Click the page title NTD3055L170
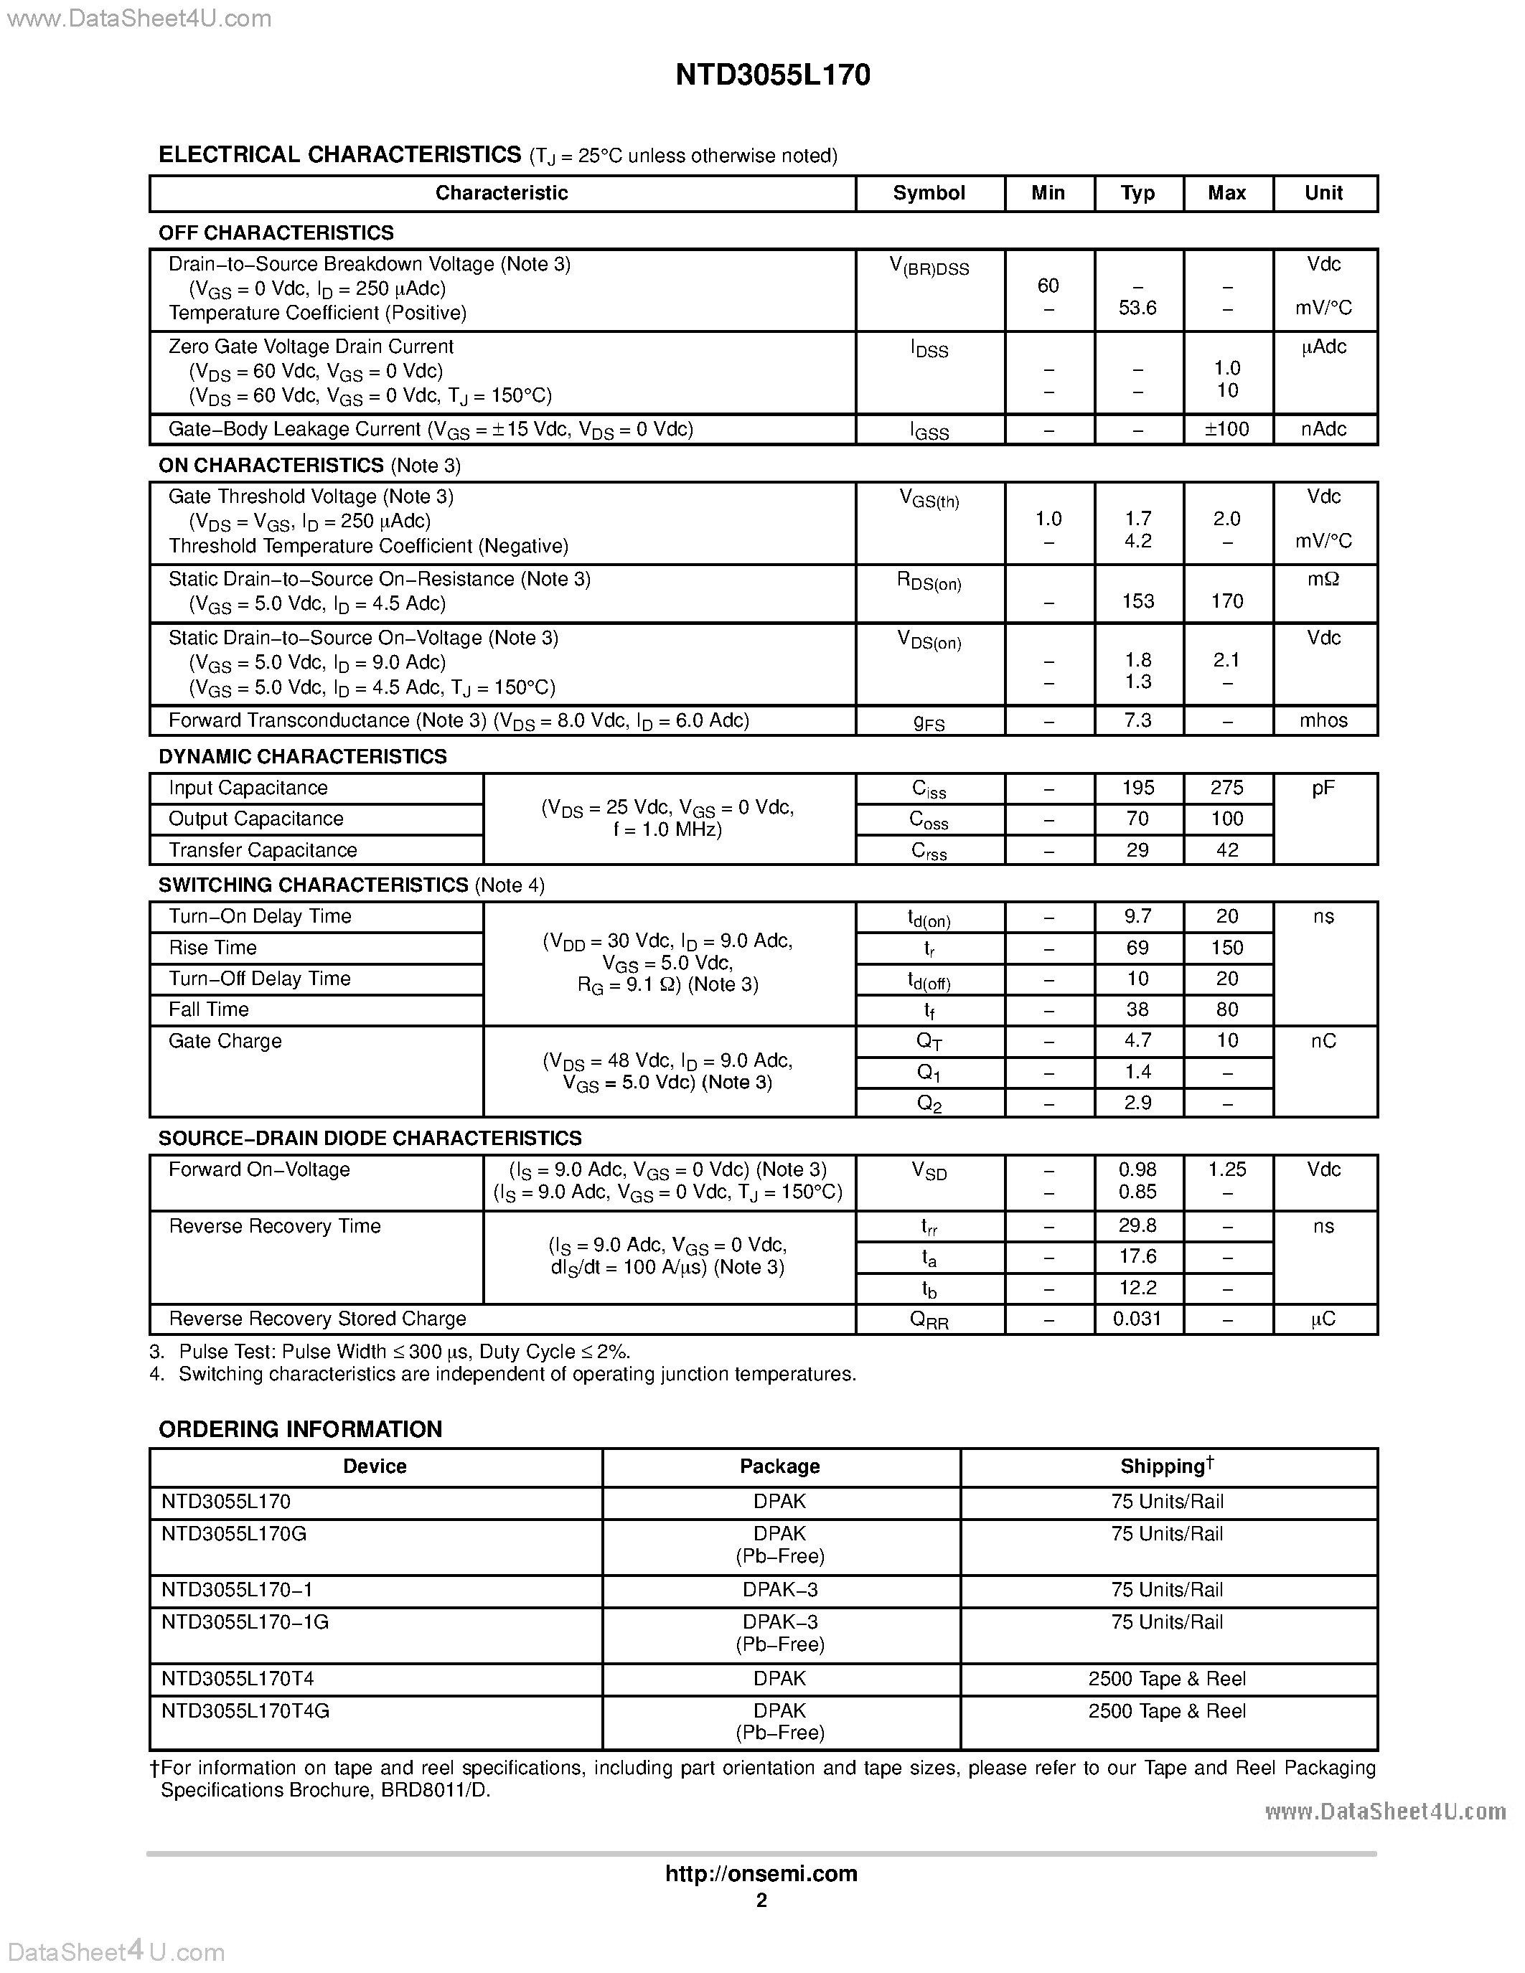click(x=772, y=75)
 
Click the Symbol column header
click(x=929, y=193)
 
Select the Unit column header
click(x=1323, y=193)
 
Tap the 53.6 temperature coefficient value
click(x=1137, y=308)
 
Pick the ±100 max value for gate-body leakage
click(x=1227, y=429)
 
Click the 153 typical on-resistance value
click(x=1137, y=602)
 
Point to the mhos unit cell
click(x=1323, y=721)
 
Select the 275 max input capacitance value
click(x=1227, y=788)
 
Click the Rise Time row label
click(x=213, y=948)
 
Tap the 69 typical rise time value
click(x=1137, y=948)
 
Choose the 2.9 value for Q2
click(x=1137, y=1102)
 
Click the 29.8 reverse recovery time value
click(x=1137, y=1226)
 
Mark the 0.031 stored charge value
click(x=1137, y=1319)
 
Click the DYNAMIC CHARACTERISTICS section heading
click(x=303, y=757)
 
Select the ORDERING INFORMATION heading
click(x=300, y=1429)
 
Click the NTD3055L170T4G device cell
click(x=245, y=1711)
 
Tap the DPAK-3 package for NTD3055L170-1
click(x=779, y=1590)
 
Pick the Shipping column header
click(x=1167, y=1466)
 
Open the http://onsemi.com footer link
click(x=761, y=1873)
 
